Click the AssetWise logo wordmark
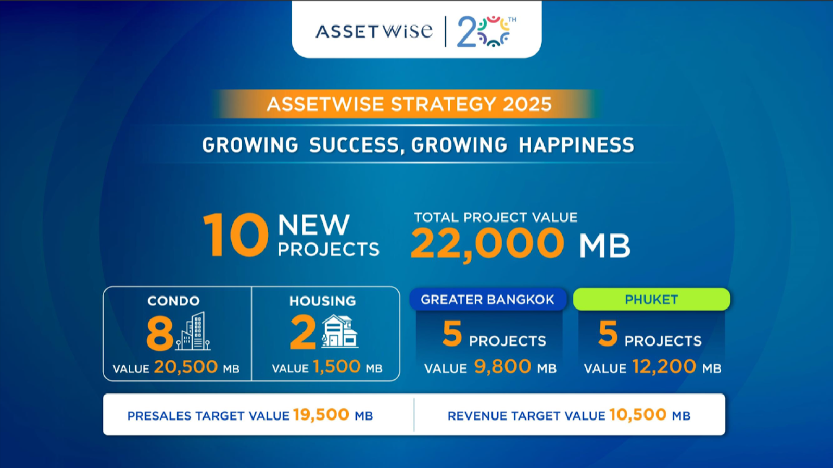click(x=374, y=31)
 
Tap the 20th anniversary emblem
click(x=486, y=31)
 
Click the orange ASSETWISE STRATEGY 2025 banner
click(x=409, y=104)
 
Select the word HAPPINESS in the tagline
click(x=576, y=145)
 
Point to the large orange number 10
click(x=236, y=235)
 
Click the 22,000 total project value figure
click(x=487, y=243)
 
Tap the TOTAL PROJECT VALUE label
click(x=496, y=217)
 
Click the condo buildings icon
click(x=193, y=331)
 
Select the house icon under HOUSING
click(x=339, y=331)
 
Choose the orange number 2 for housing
click(x=302, y=332)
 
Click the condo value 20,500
click(x=185, y=366)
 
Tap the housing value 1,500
click(x=336, y=366)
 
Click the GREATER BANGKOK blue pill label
click(x=488, y=299)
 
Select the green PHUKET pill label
click(x=651, y=299)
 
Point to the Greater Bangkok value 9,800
click(x=502, y=366)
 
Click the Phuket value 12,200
click(x=664, y=366)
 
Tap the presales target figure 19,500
click(x=321, y=414)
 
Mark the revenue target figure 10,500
click(x=638, y=414)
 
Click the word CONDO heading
click(x=174, y=301)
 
